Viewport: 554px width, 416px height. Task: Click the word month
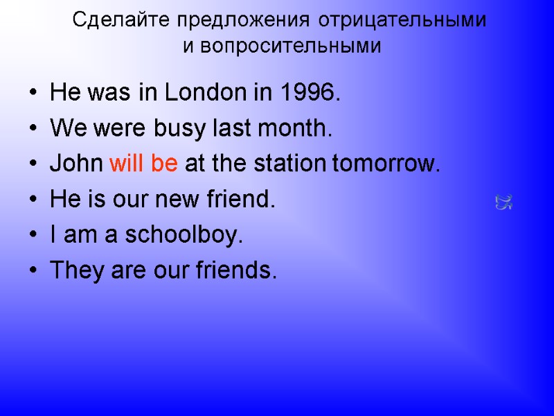(x=298, y=128)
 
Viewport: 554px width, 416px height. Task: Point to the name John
(x=76, y=164)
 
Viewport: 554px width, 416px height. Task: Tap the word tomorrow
(x=385, y=165)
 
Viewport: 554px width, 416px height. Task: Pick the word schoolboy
(x=183, y=236)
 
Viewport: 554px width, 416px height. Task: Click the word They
(x=76, y=272)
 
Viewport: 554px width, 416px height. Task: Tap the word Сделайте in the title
(x=122, y=21)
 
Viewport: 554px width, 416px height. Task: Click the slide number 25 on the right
(x=503, y=202)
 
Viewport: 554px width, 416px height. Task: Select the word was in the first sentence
(x=107, y=92)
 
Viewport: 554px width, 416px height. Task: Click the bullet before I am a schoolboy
(x=35, y=237)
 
